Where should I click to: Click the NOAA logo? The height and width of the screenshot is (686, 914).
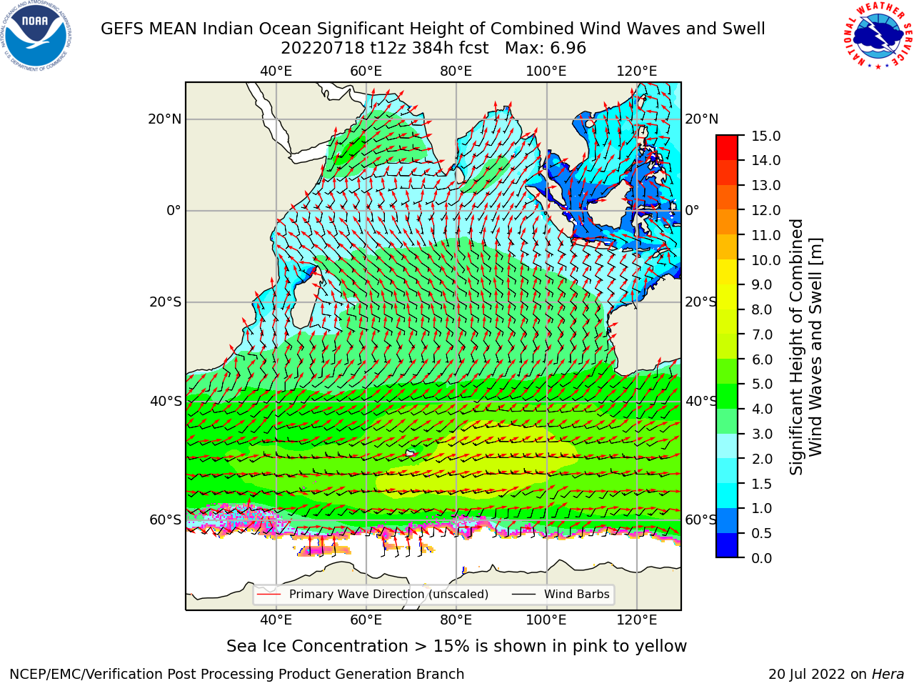click(36, 36)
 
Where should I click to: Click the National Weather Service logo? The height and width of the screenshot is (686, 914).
click(878, 36)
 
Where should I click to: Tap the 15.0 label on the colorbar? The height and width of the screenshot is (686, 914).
click(765, 136)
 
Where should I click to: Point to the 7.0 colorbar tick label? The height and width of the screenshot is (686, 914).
click(762, 335)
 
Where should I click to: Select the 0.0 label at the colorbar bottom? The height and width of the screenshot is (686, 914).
click(762, 558)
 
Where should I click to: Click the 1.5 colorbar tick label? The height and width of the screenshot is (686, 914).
click(762, 484)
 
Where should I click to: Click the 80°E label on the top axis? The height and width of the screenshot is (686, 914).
click(456, 71)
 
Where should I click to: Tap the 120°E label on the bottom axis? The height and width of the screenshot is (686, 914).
click(637, 620)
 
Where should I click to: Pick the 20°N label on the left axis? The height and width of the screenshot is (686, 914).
click(165, 119)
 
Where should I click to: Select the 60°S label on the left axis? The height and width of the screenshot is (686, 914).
click(166, 520)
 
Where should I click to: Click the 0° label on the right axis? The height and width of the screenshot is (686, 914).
click(692, 210)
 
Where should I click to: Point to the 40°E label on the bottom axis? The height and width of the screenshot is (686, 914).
click(276, 620)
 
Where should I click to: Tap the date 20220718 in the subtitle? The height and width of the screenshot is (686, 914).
click(323, 49)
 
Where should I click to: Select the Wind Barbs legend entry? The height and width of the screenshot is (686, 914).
click(561, 595)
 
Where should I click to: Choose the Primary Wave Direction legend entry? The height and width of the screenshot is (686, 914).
click(373, 595)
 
